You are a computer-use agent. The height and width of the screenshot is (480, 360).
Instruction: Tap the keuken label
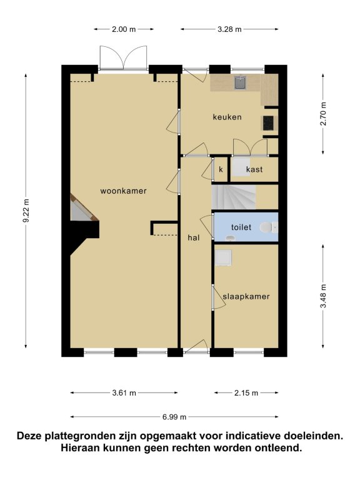pyautogui.click(x=227, y=117)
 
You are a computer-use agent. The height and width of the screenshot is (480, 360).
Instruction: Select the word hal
pyautogui.click(x=194, y=237)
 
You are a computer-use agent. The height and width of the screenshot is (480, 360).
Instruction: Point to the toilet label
pyautogui.click(x=241, y=227)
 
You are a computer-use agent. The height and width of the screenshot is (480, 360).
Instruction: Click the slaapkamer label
pyautogui.click(x=246, y=296)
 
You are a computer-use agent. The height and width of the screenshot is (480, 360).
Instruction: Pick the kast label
pyautogui.click(x=254, y=169)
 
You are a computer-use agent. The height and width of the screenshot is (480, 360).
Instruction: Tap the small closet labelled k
pyautogui.click(x=221, y=169)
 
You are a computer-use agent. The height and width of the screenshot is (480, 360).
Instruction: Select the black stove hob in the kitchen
pyautogui.click(x=269, y=122)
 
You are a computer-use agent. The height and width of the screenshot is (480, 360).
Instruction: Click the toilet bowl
pyautogui.click(x=266, y=227)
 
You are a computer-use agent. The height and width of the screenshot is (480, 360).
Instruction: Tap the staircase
pyautogui.click(x=234, y=197)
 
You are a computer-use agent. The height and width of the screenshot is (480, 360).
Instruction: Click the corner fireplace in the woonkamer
pyautogui.click(x=82, y=207)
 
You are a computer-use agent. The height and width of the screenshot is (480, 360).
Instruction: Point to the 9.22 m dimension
pyautogui.click(x=26, y=211)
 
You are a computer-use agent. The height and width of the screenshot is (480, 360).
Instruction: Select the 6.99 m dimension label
pyautogui.click(x=174, y=417)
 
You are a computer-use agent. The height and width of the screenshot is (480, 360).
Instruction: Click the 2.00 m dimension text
pyautogui.click(x=124, y=29)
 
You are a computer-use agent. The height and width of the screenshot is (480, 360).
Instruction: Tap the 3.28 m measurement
pyautogui.click(x=229, y=29)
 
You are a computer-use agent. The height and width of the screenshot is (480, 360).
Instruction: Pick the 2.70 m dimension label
pyautogui.click(x=324, y=114)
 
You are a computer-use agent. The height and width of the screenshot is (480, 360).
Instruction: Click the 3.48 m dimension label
pyautogui.click(x=324, y=296)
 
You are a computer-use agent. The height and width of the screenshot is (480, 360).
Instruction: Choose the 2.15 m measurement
pyautogui.click(x=246, y=393)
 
